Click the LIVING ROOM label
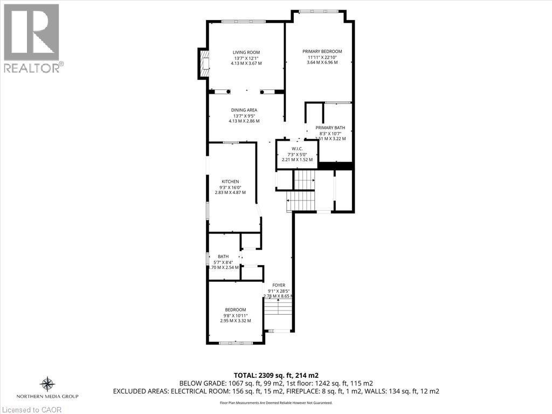[246, 52]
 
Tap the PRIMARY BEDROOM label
[322, 51]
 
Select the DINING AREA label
[244, 110]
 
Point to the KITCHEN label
[230, 182]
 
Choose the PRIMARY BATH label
[330, 128]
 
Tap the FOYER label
[278, 285]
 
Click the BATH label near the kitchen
[223, 257]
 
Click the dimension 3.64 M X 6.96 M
[322, 63]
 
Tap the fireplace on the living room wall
[204, 64]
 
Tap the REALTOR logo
[32, 38]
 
